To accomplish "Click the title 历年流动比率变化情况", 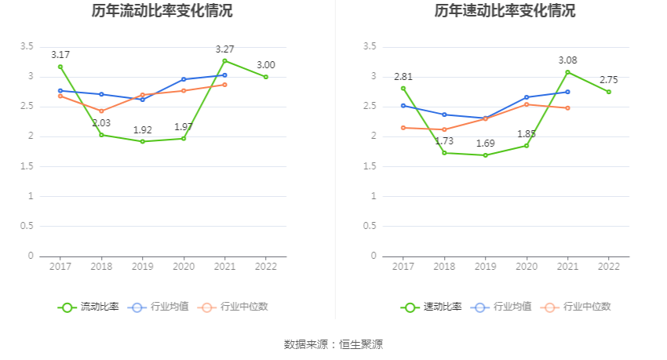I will (162, 11).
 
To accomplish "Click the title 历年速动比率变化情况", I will (505, 11).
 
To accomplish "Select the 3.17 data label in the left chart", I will (60, 55).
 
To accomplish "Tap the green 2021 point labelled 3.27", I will (225, 60).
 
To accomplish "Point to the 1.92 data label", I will (142, 129).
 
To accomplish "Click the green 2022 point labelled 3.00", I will (266, 77).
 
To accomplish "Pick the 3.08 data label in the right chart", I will (568, 60).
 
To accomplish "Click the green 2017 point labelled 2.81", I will (403, 88).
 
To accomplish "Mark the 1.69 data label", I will (486, 144).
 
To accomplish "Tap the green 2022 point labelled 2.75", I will (609, 92).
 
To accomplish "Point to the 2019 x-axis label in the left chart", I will (142, 267).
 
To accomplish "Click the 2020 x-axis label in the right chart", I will (527, 267).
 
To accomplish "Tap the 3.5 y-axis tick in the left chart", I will (27, 47).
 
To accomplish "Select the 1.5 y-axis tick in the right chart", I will (370, 166).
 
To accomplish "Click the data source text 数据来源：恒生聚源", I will (333, 344).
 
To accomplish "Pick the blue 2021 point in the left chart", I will (225, 75).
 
